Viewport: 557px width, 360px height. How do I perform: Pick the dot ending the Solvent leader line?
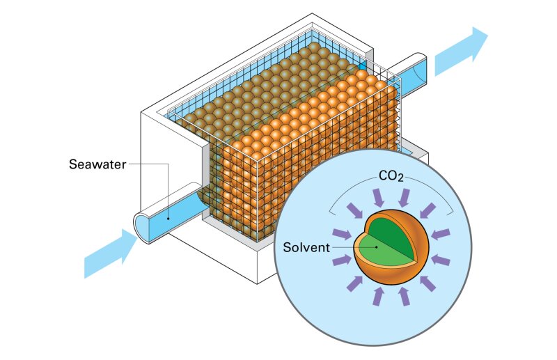point(376,246)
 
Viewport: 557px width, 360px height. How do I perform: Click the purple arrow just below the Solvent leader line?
point(341,260)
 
